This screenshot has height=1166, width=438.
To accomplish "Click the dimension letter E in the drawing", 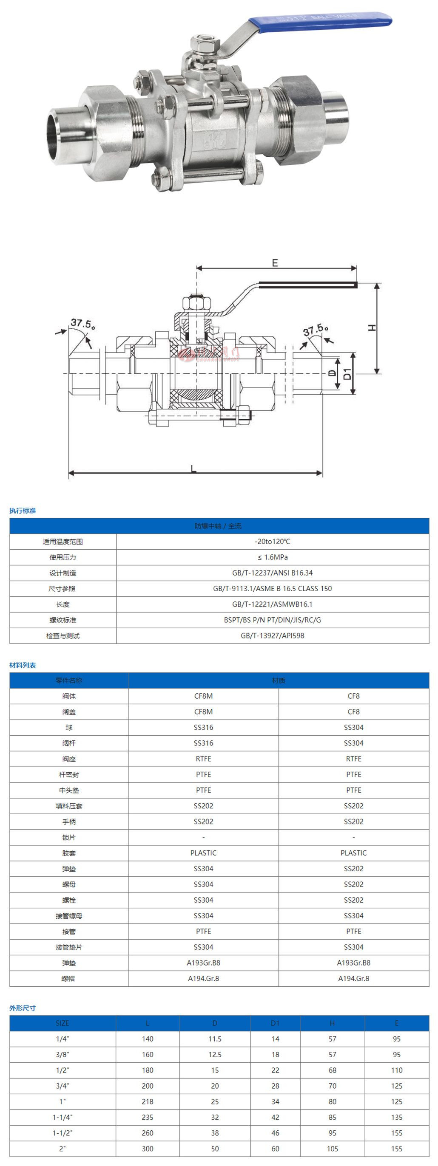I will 275,263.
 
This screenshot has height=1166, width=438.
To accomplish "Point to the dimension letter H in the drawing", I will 372,327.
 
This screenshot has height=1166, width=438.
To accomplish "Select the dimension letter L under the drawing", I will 193,469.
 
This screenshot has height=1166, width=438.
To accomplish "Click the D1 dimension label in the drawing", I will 347,373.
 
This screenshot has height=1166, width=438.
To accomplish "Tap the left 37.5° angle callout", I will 82,324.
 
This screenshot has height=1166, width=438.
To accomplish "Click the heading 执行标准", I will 23,511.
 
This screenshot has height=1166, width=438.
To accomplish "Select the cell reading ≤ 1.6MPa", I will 273,557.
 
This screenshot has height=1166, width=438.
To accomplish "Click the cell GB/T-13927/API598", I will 273,635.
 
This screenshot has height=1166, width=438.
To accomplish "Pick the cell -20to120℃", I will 273,541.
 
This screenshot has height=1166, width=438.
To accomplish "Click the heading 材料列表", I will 23,665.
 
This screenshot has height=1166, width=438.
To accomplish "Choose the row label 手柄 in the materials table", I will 69,822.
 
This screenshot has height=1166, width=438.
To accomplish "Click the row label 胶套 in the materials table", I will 69,853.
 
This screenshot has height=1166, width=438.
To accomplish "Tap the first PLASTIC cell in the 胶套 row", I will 203,853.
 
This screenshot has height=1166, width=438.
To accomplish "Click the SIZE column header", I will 63,1023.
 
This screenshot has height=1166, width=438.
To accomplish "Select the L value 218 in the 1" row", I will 148,1101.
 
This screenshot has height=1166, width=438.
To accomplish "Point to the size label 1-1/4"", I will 63,1117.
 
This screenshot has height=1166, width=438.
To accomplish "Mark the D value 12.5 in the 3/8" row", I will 215,1054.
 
